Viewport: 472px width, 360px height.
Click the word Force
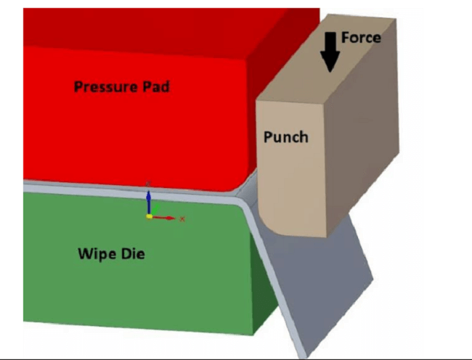pyautogui.click(x=361, y=38)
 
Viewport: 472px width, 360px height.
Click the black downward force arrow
pyautogui.click(x=330, y=52)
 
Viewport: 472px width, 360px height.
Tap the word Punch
pyautogui.click(x=286, y=137)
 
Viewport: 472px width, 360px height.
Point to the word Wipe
pyautogui.click(x=97, y=253)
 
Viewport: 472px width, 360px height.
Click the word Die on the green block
pyautogui.click(x=133, y=253)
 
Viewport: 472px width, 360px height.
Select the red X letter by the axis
pyautogui.click(x=182, y=219)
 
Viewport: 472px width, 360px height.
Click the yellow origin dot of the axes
pyautogui.click(x=149, y=216)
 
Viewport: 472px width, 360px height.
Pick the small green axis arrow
pyautogui.click(x=155, y=209)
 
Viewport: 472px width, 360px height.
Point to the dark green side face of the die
pyautogui.click(x=264, y=289)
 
